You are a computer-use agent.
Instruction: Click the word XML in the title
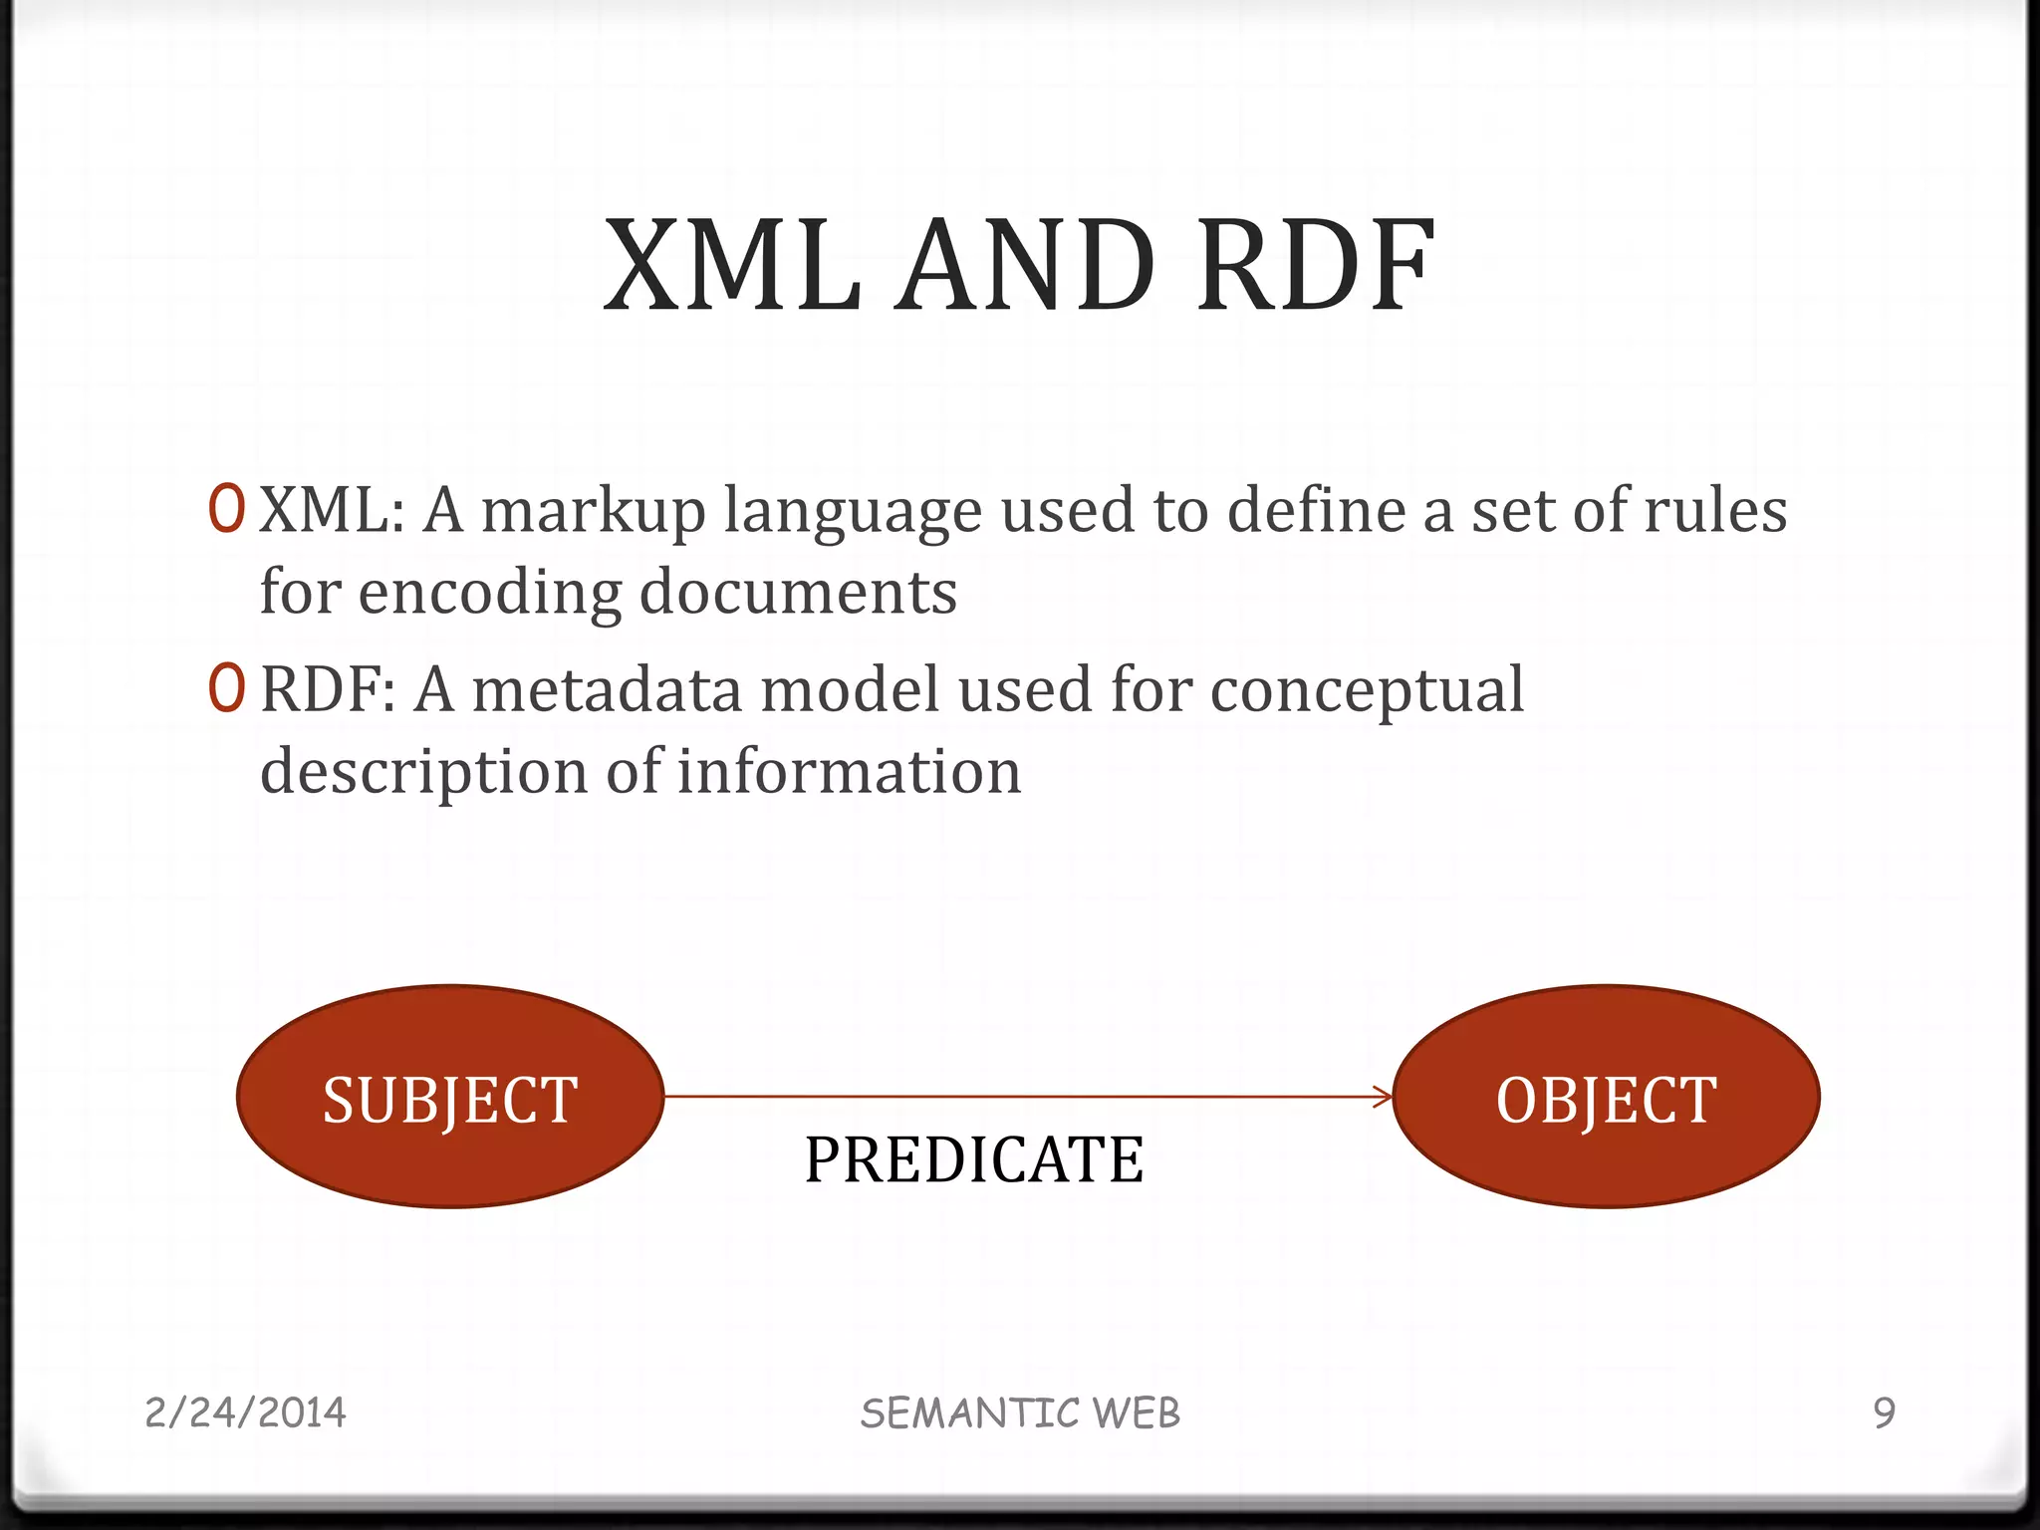[732, 267]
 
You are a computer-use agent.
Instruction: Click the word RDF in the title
[1316, 267]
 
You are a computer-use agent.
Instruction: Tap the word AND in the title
[1025, 267]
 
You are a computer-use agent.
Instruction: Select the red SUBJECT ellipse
[450, 1097]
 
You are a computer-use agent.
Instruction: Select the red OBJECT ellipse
[1606, 1097]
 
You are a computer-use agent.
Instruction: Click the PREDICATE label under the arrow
[973, 1160]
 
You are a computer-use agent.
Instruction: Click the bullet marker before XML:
[226, 509]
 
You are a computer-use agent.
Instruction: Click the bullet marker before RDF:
[226, 688]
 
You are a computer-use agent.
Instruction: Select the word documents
[798, 592]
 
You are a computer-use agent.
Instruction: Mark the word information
[849, 772]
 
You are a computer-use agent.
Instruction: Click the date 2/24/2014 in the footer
[245, 1412]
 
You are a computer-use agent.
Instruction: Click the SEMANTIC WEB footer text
[1020, 1413]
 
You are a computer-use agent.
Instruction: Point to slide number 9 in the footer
[1884, 1412]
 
